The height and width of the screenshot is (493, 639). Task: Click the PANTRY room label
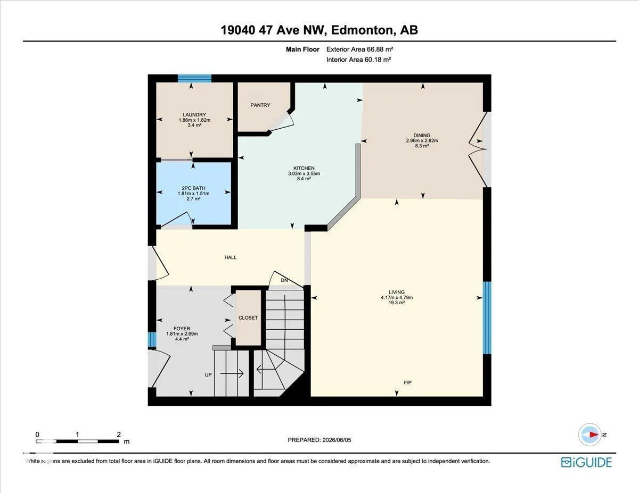click(260, 105)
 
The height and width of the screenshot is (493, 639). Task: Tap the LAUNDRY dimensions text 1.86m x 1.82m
click(194, 120)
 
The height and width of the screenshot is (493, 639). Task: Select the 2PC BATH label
click(193, 188)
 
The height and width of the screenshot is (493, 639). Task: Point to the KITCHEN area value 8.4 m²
click(304, 178)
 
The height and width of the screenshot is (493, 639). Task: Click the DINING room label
click(422, 136)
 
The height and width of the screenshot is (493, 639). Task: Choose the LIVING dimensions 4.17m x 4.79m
click(397, 297)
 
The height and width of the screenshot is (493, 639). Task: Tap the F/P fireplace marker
click(407, 382)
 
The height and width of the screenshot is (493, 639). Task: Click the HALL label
click(231, 257)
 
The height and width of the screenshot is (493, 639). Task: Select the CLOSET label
click(248, 317)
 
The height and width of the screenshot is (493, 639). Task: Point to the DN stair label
click(284, 280)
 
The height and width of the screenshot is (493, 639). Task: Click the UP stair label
click(208, 375)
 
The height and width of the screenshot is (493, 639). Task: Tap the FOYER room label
click(182, 329)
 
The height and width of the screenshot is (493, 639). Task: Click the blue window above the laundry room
click(194, 78)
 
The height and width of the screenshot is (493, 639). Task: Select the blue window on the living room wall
click(487, 317)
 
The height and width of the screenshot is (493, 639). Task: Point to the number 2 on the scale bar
click(119, 434)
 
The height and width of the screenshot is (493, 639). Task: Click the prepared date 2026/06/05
click(336, 440)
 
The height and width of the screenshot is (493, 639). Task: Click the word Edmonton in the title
click(362, 30)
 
